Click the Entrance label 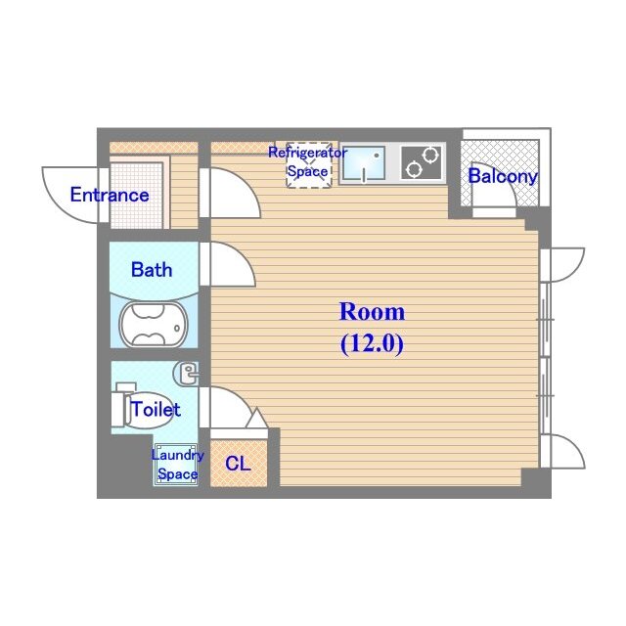[x=110, y=195]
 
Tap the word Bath [x=152, y=269]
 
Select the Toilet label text [x=156, y=409]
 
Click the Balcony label [x=502, y=177]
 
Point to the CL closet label [x=238, y=465]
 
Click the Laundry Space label [x=177, y=465]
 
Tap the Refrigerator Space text [x=307, y=161]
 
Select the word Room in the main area [x=371, y=312]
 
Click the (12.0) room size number [x=372, y=343]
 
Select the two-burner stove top [x=421, y=162]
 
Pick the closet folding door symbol [x=256, y=420]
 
